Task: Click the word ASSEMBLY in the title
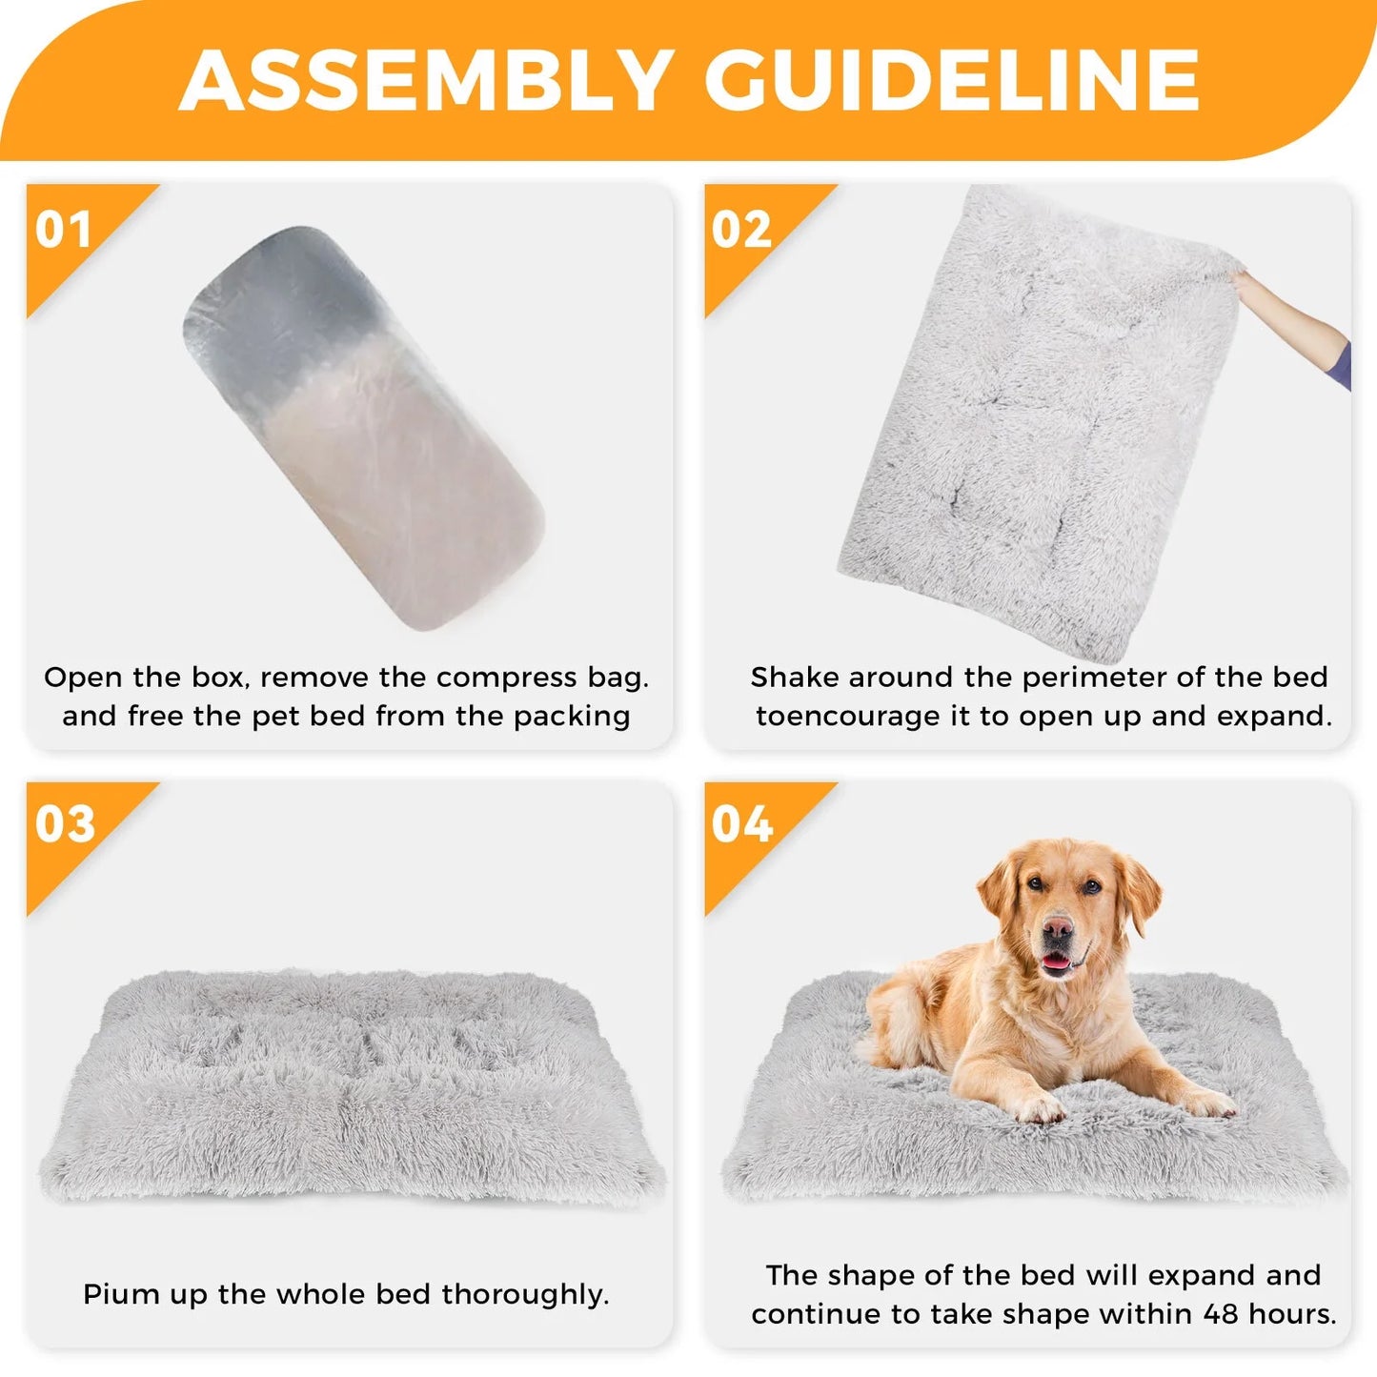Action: [x=426, y=80]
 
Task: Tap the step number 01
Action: [x=63, y=230]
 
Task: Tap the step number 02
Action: [x=741, y=230]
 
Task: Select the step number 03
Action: [x=65, y=824]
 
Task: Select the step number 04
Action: [x=742, y=824]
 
